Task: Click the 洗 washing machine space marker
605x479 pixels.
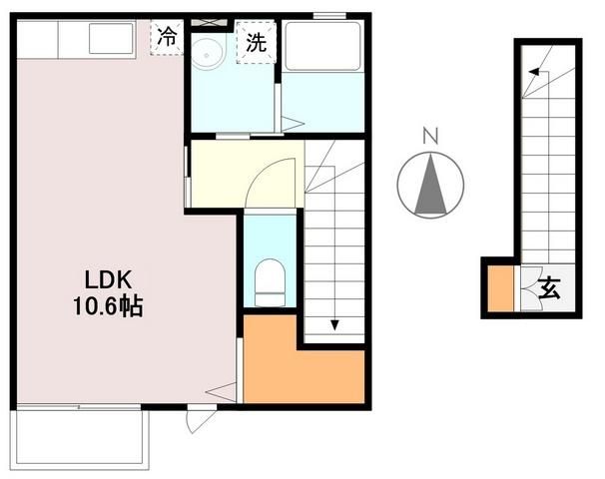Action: click(255, 44)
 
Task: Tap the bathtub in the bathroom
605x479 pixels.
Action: click(321, 47)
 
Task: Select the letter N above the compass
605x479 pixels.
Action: click(430, 136)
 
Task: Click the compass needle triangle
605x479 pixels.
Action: click(431, 188)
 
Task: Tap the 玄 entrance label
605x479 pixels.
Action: click(550, 289)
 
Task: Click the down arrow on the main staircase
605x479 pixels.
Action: click(334, 324)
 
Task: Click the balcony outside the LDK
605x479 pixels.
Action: click(81, 436)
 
